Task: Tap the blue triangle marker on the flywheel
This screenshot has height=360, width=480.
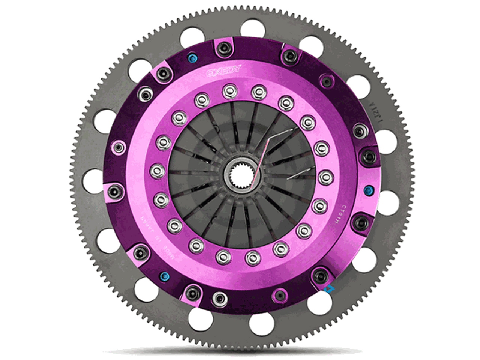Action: pyautogui.click(x=329, y=288)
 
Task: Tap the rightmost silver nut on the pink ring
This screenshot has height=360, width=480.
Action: pyautogui.click(x=325, y=175)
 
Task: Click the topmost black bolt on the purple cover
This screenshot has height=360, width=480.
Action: pyautogui.click(x=224, y=47)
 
